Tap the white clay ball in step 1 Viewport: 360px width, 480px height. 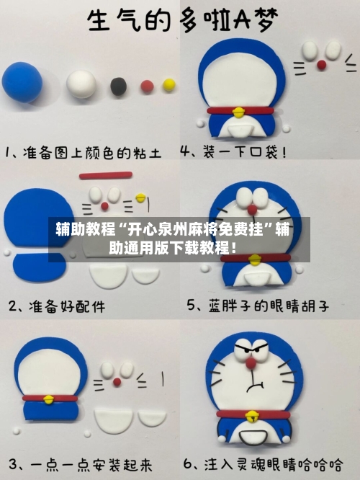click(81, 84)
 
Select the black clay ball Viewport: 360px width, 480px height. click(118, 87)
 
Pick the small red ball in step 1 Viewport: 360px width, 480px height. click(146, 86)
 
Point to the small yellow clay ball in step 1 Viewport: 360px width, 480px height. click(169, 85)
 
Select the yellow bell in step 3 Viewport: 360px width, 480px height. click(49, 398)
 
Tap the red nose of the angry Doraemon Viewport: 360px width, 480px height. click(251, 365)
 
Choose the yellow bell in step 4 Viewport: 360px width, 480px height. click(238, 111)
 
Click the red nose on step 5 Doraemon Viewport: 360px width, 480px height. click(252, 209)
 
